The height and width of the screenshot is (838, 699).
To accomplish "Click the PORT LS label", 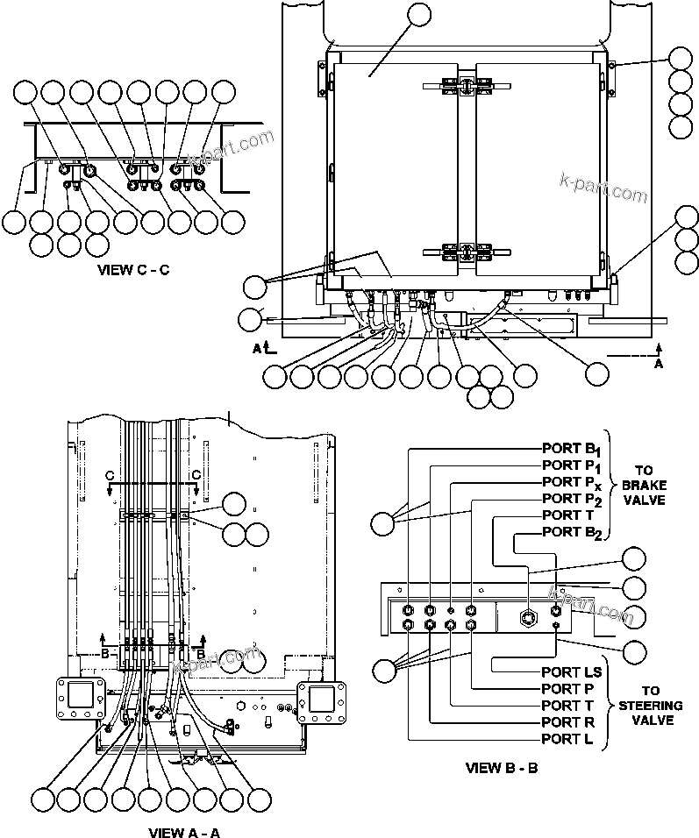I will coord(570,672).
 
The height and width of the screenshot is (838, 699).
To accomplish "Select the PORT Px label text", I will coord(572,483).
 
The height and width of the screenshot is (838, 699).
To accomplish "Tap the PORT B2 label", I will coord(572,533).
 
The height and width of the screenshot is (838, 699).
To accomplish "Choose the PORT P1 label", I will coord(571,466).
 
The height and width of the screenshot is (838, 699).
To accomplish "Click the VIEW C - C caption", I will coord(133,270).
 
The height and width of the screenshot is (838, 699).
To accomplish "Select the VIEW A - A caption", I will coord(184,832).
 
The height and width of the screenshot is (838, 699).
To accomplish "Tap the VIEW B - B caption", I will coord(502,769).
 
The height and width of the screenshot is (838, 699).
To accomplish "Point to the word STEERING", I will coord(650,705).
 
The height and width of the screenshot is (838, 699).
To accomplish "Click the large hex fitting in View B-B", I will coord(529,617).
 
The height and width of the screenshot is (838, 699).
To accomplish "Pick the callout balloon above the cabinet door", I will coord(419,15).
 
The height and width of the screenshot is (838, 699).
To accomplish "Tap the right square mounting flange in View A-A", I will coord(323,701).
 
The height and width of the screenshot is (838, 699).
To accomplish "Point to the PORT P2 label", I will coord(572,500).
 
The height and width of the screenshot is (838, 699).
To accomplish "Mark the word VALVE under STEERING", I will coord(650,720).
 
